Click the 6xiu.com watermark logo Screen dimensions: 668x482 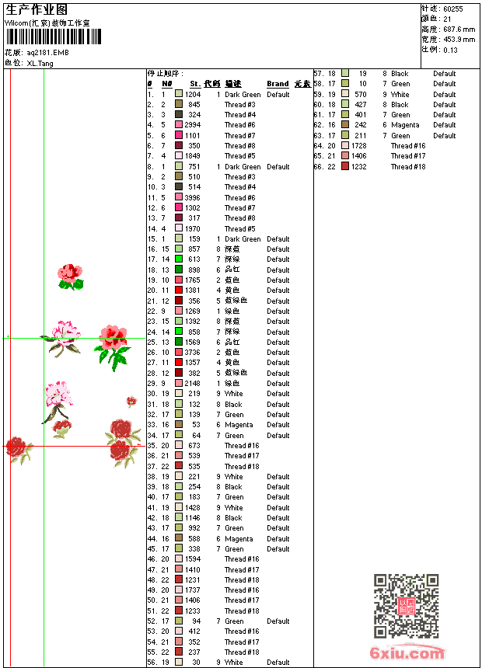407,653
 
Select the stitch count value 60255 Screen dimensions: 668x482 453,9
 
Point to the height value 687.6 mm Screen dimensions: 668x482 459,29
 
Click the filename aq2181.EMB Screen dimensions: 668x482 47,53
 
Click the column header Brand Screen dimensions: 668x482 278,84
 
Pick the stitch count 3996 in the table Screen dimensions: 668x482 192,197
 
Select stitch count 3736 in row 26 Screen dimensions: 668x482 192,352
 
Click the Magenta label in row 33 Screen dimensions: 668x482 239,425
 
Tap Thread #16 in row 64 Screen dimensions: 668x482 408,145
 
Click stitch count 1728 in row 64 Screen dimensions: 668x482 358,145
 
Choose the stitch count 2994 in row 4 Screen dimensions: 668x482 192,124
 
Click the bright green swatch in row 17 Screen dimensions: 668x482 179,259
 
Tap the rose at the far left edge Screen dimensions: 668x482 18,448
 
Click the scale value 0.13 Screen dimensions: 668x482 450,49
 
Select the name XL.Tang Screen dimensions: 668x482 40,63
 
